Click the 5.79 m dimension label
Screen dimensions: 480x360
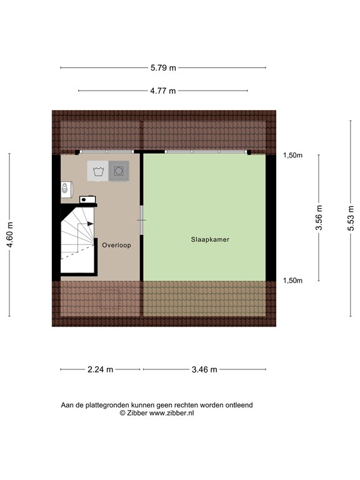[163, 67]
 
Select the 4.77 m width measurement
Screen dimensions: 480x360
[163, 91]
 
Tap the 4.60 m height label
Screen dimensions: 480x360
[9, 234]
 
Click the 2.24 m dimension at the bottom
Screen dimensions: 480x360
[100, 369]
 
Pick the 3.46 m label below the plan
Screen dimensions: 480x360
[204, 369]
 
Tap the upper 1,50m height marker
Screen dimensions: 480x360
[292, 156]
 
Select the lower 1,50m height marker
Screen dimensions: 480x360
[292, 281]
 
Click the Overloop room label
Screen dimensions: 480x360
[117, 246]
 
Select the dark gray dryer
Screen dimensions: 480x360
[119, 171]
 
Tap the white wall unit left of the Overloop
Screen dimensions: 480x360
[66, 190]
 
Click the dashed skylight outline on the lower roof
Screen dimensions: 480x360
[111, 297]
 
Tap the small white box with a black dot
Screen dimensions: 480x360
[87, 200]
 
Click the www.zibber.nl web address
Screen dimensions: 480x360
[171, 414]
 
